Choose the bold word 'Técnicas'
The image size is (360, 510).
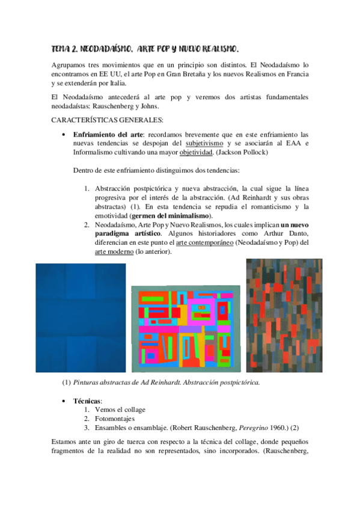(87, 400)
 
